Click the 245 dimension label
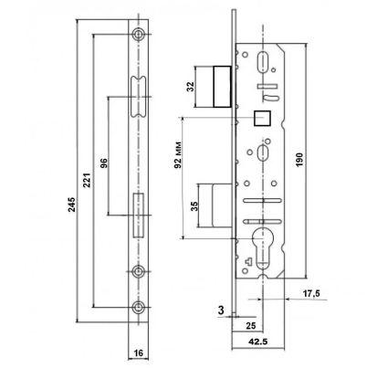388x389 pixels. tap(71, 205)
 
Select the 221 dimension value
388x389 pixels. tap(87, 180)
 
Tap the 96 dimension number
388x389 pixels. tap(103, 163)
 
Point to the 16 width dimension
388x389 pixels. tap(139, 352)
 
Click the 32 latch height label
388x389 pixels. tap(191, 87)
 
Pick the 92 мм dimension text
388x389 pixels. tap(178, 155)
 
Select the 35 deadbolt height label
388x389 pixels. tap(194, 206)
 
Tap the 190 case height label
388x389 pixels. tap(299, 160)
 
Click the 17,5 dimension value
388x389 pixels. tap(311, 293)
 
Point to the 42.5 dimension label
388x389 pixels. tap(258, 342)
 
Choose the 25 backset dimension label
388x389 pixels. tap(250, 326)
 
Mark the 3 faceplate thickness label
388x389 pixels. tap(221, 310)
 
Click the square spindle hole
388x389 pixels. tap(262, 118)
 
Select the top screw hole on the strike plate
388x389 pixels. tap(139, 34)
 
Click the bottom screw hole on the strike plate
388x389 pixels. tap(139, 308)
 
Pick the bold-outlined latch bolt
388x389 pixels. tap(222, 87)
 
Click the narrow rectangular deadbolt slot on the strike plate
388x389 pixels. tap(139, 216)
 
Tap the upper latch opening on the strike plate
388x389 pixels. tap(139, 96)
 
